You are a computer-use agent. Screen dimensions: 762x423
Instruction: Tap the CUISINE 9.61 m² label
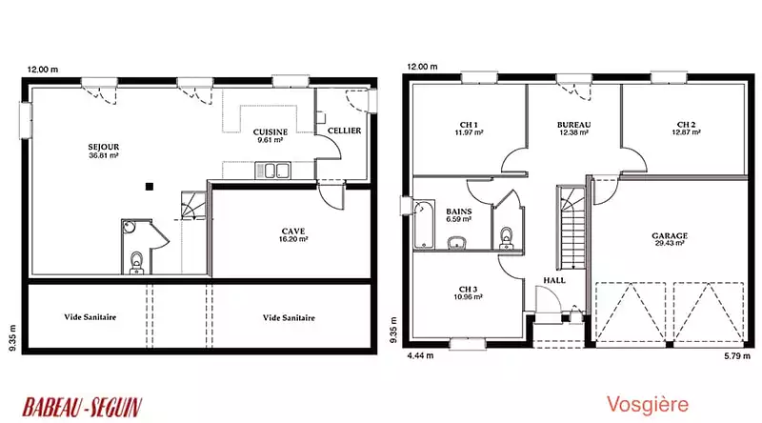pyautogui.click(x=271, y=135)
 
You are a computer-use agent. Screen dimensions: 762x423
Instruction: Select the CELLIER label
pyautogui.click(x=344, y=131)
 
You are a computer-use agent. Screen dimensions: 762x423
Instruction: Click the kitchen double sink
pyautogui.click(x=272, y=171)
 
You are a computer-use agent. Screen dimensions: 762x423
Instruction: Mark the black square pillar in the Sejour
pyautogui.click(x=150, y=186)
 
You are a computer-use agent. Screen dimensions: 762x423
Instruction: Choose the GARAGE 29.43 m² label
pyautogui.click(x=670, y=239)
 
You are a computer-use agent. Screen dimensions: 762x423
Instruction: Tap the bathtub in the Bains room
pyautogui.click(x=424, y=224)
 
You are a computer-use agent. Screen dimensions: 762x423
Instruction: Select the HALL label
pyautogui.click(x=554, y=280)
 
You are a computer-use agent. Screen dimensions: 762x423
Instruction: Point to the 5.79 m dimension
pyautogui.click(x=736, y=356)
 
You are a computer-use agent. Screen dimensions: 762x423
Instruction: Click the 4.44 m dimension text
pyautogui.click(x=420, y=356)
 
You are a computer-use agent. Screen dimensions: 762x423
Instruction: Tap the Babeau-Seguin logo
pyautogui.click(x=82, y=407)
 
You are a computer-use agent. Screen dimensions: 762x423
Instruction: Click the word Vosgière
pyautogui.click(x=648, y=405)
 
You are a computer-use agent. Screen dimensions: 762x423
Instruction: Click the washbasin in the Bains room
pyautogui.click(x=457, y=243)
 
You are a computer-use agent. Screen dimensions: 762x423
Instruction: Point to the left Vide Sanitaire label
pyautogui.click(x=90, y=317)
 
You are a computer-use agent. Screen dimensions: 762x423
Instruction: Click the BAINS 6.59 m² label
pyautogui.click(x=459, y=215)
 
